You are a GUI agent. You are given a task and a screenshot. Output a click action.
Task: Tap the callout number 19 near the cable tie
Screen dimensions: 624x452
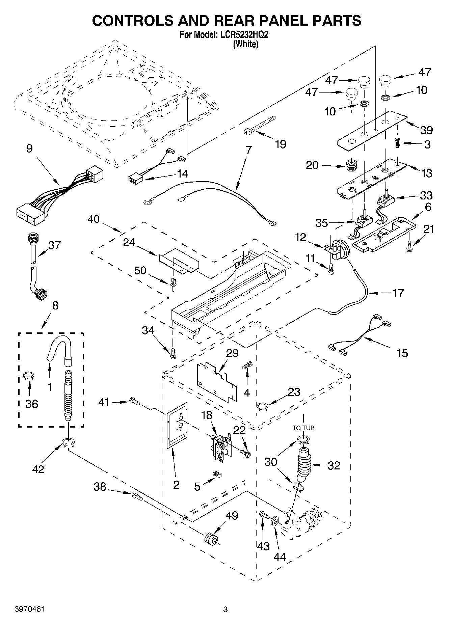[x=280, y=144]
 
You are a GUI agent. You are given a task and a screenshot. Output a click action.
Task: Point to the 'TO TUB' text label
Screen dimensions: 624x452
[x=303, y=428]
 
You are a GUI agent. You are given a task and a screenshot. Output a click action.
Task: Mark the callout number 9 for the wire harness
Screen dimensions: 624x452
[x=29, y=148]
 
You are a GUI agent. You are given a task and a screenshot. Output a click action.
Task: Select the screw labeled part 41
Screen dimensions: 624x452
[x=134, y=402]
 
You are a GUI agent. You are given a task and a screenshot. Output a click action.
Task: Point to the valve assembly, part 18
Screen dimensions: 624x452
[x=220, y=447]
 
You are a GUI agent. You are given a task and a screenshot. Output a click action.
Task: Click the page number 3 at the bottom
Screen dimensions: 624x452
[x=225, y=609]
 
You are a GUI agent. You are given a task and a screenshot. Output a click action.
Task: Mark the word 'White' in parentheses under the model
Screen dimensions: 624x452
[x=246, y=44]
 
